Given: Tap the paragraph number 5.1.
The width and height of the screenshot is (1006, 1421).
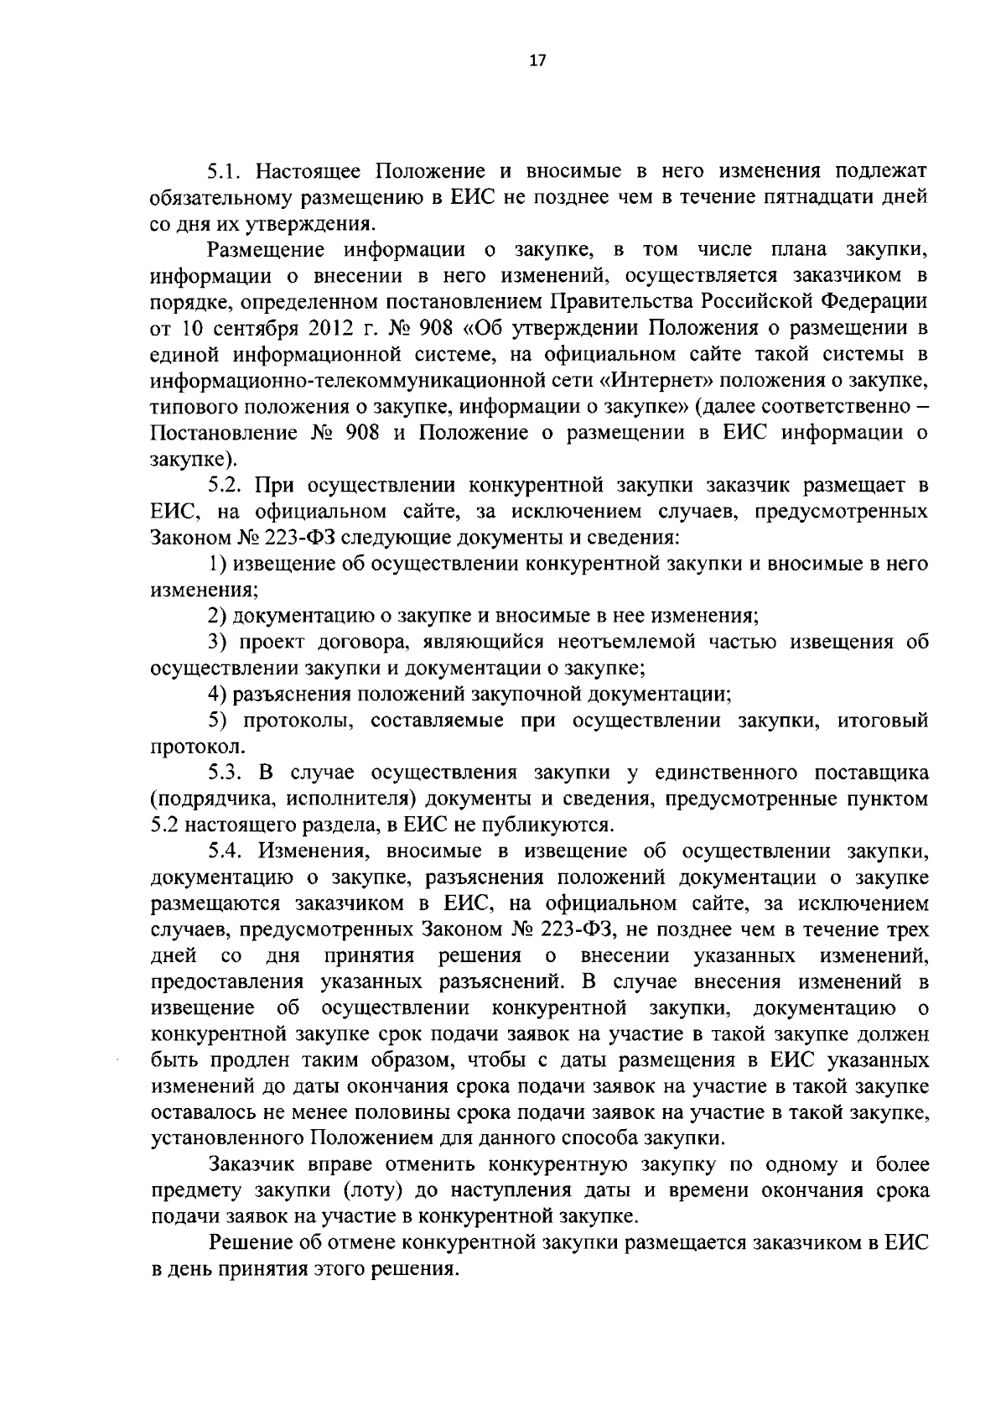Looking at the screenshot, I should coord(225,172).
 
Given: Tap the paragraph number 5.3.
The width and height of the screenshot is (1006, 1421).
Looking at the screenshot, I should coord(226,772).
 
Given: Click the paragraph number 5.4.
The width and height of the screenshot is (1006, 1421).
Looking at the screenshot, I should coord(226,851).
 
